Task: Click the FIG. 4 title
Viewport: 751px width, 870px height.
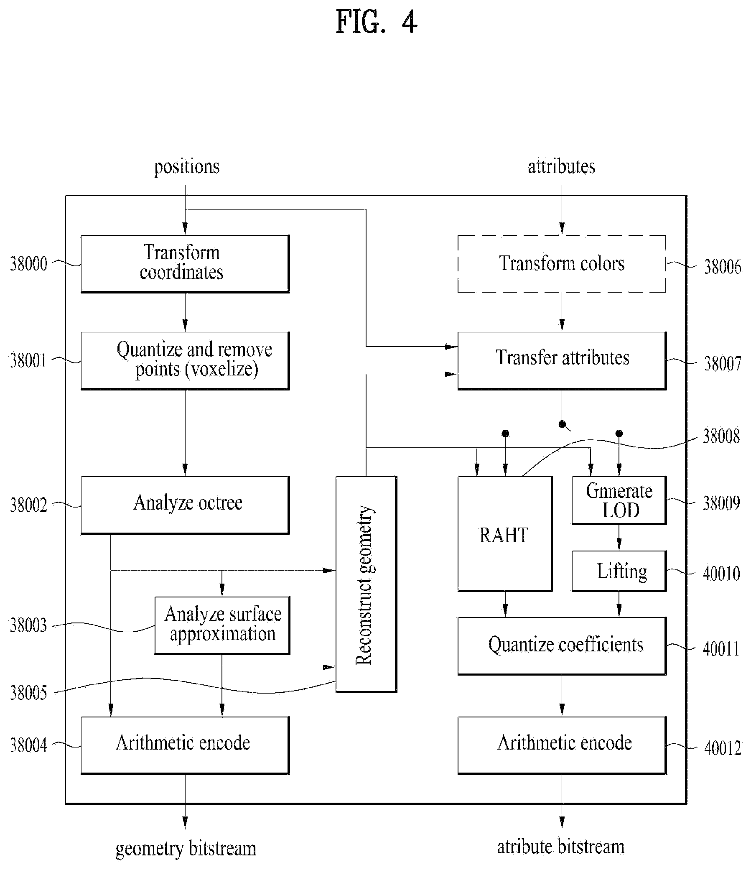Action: coord(377,22)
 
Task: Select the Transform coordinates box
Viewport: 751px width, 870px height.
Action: coord(185,264)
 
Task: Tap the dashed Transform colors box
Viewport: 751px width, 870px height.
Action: coord(562,264)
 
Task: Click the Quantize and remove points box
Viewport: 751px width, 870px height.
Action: coord(185,361)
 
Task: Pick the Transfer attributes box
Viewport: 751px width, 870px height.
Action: coord(562,361)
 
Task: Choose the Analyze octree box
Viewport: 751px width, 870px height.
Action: coord(185,505)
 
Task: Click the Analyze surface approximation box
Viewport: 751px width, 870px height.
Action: coord(222,625)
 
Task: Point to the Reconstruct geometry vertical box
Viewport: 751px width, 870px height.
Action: coord(366,584)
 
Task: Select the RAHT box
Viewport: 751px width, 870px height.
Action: coord(504,534)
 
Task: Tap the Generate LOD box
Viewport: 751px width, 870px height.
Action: coord(619,500)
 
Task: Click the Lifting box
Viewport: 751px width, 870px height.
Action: coord(619,571)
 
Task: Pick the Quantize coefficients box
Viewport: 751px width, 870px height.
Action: coord(562,646)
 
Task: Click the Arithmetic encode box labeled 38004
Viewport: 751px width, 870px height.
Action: coord(185,745)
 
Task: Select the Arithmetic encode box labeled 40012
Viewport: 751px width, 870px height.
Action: coord(562,745)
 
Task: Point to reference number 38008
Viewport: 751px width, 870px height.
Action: coord(721,436)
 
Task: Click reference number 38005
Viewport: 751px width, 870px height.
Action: coord(28,692)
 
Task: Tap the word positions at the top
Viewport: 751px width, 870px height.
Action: coord(187,167)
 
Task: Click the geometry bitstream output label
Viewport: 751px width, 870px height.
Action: coord(186,849)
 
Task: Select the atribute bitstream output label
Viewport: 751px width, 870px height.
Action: coord(561,847)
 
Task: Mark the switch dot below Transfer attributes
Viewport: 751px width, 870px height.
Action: coord(562,424)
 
